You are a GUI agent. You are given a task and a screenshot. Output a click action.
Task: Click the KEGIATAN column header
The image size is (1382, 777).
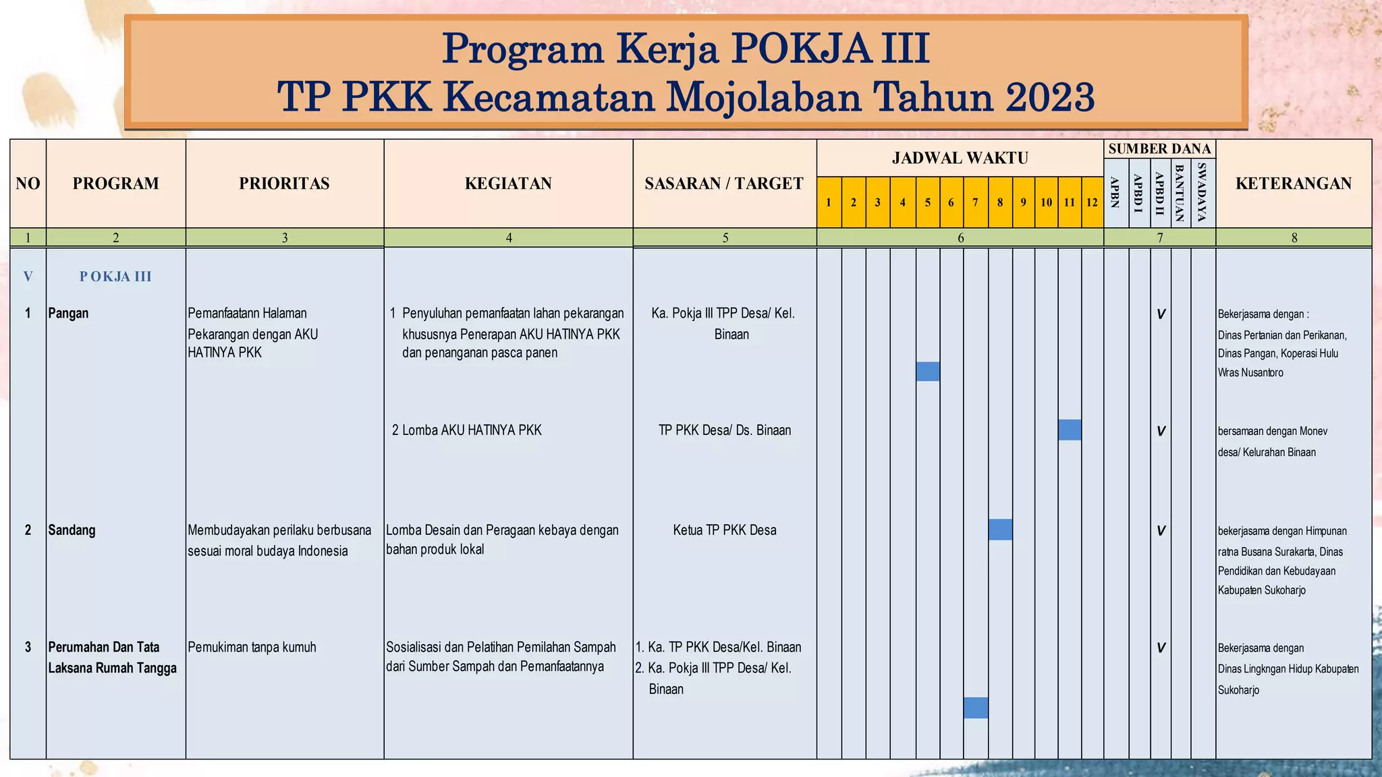tap(508, 183)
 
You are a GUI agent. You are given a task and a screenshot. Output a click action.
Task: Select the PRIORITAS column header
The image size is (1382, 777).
tap(284, 183)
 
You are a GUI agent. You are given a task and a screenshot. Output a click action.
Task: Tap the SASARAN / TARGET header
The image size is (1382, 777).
tap(724, 183)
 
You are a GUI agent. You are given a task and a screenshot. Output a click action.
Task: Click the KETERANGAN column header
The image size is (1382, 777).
tap(1294, 183)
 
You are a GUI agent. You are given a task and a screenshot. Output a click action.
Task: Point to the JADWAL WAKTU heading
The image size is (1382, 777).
tap(960, 159)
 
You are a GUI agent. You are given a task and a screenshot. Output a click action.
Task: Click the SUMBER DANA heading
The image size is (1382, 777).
tap(1159, 148)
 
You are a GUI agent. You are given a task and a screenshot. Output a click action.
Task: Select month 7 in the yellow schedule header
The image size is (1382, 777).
tap(975, 202)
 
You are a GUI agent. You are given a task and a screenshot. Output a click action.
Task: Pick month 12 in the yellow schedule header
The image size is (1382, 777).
tap(1092, 202)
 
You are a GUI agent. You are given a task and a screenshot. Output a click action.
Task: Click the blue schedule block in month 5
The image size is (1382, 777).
tap(928, 372)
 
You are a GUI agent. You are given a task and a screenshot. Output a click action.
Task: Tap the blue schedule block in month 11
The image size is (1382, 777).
tap(1070, 430)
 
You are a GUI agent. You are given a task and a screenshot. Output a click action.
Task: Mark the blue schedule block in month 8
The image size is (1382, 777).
tap(1000, 529)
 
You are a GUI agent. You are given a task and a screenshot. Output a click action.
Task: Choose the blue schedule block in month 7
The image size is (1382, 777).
tap(976, 708)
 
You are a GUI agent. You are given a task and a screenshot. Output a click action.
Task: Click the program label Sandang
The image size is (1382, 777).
tap(72, 530)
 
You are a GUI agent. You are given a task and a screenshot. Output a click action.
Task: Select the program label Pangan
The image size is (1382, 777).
tap(68, 313)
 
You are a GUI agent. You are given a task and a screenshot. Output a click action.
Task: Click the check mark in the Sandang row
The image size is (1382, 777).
tap(1161, 531)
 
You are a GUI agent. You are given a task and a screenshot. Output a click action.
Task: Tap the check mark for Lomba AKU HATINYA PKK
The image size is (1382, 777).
tap(1161, 431)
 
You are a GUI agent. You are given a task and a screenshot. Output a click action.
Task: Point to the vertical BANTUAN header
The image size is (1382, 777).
tap(1180, 193)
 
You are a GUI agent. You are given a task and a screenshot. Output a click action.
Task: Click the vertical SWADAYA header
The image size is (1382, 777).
tap(1202, 193)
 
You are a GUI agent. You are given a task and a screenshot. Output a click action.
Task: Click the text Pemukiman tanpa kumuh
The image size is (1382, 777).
tap(252, 647)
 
